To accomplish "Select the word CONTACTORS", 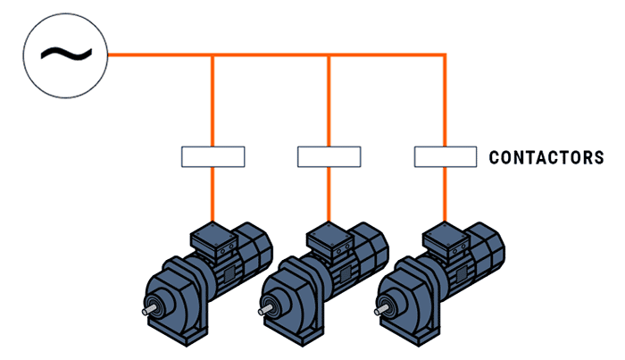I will (546, 158).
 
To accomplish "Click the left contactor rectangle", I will (212, 156).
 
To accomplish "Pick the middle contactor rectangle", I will (329, 156).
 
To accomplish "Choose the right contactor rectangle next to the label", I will (446, 156).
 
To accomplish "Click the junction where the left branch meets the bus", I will (212, 56).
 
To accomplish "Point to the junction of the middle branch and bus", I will (329, 56).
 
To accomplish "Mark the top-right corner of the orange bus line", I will (445, 56).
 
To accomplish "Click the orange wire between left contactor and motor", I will (212, 193).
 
